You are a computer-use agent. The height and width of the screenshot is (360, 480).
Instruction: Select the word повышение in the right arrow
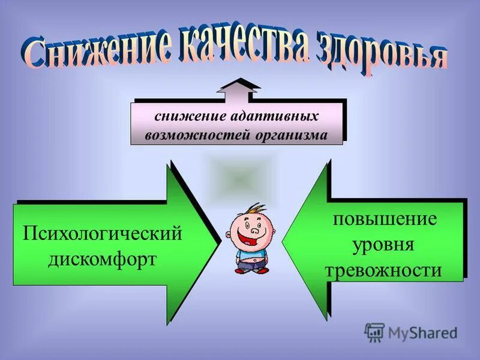pos(385,218)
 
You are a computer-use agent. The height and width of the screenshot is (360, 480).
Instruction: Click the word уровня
pos(384,244)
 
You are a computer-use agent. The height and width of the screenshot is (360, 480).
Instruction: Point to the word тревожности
pos(384,271)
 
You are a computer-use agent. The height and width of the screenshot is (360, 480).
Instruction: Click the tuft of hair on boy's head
pos(257,209)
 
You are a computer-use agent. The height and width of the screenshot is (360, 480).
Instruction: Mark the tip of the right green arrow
pos(283,243)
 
